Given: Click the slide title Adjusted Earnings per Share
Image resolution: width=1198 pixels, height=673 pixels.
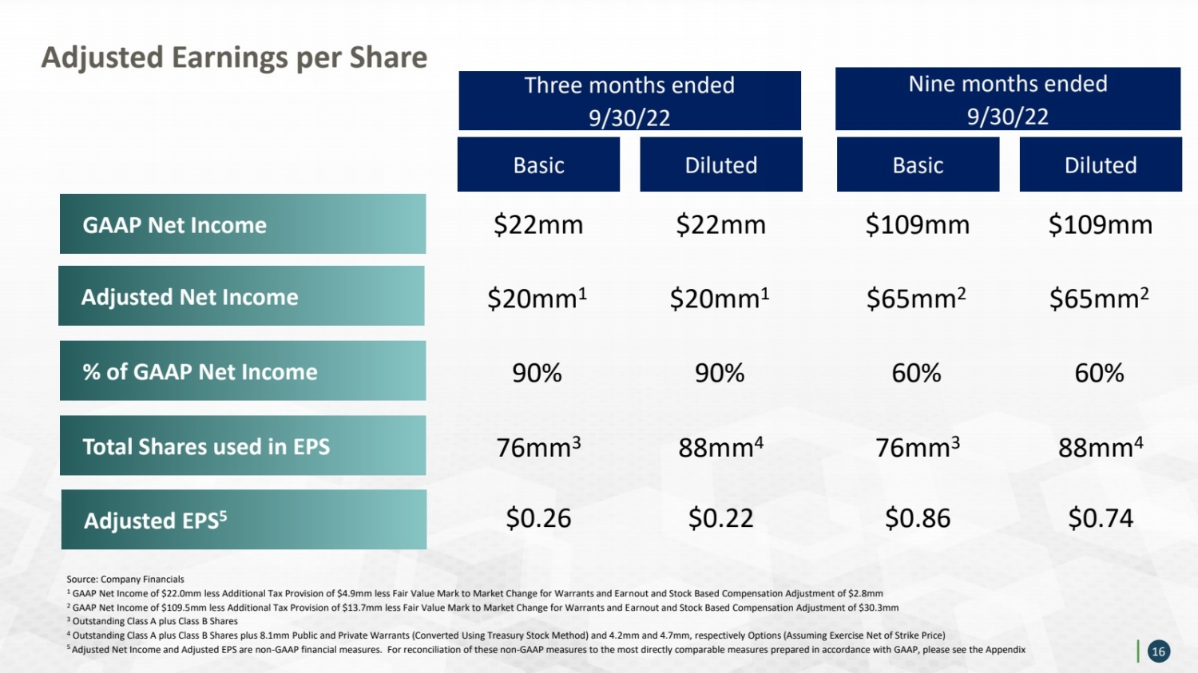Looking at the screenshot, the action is pyautogui.click(x=234, y=57).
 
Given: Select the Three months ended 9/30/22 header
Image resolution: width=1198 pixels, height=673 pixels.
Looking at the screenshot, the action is pyautogui.click(x=629, y=101).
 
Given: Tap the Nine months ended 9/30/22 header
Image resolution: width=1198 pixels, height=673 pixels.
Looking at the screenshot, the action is pyautogui.click(x=1008, y=99).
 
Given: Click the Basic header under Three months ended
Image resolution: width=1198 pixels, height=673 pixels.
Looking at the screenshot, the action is pyautogui.click(x=538, y=164).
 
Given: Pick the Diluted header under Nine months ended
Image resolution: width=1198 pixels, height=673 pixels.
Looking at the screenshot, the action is pyautogui.click(x=1101, y=164).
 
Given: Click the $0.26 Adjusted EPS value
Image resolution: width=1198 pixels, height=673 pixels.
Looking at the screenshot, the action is pyautogui.click(x=538, y=518).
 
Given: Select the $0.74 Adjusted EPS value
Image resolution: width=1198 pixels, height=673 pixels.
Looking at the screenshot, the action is pyautogui.click(x=1101, y=518).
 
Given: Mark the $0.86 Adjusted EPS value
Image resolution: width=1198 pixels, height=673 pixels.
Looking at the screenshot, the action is pyautogui.click(x=918, y=518).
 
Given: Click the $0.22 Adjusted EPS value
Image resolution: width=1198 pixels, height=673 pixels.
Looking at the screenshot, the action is pyautogui.click(x=721, y=518).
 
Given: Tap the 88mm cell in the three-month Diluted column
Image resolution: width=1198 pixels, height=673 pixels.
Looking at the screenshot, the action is pyautogui.click(x=721, y=447).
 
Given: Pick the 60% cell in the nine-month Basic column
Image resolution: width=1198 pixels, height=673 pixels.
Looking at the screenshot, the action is pyautogui.click(x=916, y=373).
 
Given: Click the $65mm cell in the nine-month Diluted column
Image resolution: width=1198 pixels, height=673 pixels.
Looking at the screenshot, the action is pyautogui.click(x=1099, y=298).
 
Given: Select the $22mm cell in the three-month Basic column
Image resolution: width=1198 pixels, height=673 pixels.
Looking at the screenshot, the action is pyautogui.click(x=538, y=224).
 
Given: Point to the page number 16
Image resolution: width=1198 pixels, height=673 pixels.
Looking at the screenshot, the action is pyautogui.click(x=1158, y=651).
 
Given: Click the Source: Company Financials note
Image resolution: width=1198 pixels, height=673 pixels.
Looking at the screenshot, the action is pyautogui.click(x=125, y=579).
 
